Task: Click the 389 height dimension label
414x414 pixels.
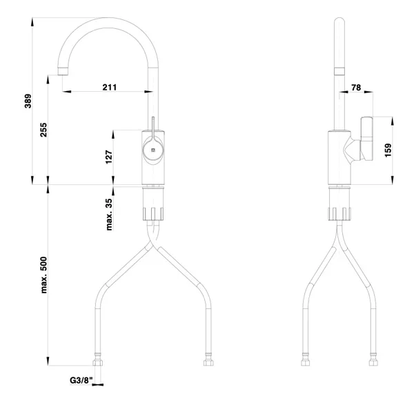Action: (x=28, y=101)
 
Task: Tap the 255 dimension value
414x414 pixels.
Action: (x=43, y=130)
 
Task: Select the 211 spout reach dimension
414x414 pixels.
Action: (x=109, y=87)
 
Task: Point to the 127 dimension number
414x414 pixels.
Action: (x=109, y=157)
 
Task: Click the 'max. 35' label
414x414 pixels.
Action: (x=109, y=215)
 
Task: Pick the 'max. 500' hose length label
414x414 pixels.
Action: (x=43, y=275)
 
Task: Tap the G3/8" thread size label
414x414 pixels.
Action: (x=81, y=380)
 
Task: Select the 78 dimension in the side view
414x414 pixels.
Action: (x=356, y=88)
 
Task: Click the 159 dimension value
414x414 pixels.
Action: (x=388, y=150)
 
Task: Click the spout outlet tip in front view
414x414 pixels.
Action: (x=63, y=71)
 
